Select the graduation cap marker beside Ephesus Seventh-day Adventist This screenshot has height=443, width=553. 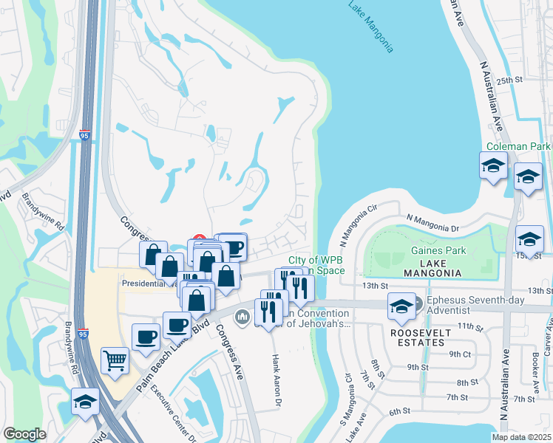point(401,307)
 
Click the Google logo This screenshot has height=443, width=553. point(24,434)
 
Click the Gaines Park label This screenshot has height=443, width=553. point(438,251)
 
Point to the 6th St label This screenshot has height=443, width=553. point(400,411)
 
